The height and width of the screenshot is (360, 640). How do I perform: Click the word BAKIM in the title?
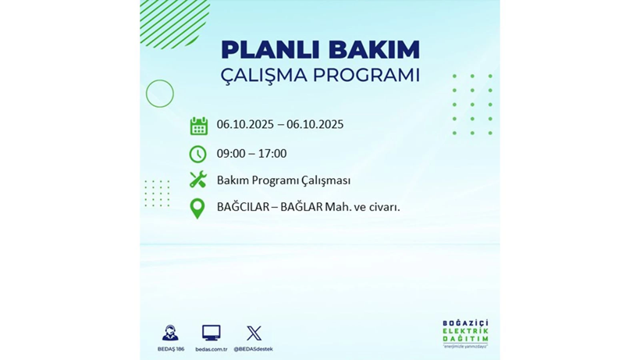(x=373, y=50)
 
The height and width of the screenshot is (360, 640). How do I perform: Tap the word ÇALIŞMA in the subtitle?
(x=264, y=75)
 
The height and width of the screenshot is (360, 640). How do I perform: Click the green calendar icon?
(x=198, y=126)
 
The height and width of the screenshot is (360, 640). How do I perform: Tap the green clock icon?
(x=198, y=154)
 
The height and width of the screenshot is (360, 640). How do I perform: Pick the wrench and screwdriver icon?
(x=198, y=180)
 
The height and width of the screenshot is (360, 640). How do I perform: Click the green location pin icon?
(x=197, y=208)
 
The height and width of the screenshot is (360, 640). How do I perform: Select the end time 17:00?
(x=272, y=154)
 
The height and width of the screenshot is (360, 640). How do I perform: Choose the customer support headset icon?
(x=170, y=333)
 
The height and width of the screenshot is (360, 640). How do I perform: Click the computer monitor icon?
(x=211, y=333)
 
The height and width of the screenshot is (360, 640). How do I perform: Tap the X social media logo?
(x=254, y=333)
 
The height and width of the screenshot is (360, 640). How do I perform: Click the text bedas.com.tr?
(x=211, y=349)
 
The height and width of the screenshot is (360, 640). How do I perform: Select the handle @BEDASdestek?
(x=254, y=349)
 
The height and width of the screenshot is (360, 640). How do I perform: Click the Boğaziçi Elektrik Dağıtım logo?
(x=465, y=334)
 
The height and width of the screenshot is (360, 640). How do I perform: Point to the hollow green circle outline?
(x=160, y=94)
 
